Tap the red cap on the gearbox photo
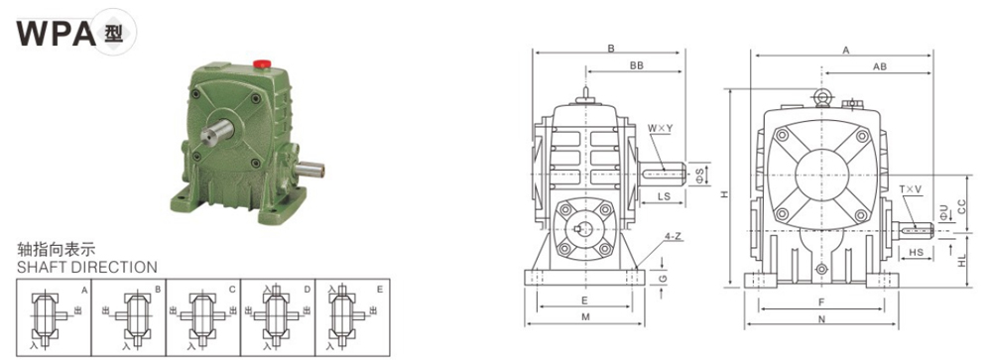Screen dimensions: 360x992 pyautogui.click(x=264, y=64)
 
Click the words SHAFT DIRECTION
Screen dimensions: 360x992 pyautogui.click(x=87, y=267)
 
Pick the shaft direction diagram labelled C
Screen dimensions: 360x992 pyautogui.click(x=203, y=315)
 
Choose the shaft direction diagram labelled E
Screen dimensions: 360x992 pyautogui.click(x=352, y=315)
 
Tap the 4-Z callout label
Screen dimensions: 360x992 pyautogui.click(x=672, y=237)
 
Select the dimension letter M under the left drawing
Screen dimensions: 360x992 pyautogui.click(x=585, y=317)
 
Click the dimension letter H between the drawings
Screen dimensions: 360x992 pyautogui.click(x=725, y=194)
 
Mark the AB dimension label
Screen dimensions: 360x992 pyautogui.click(x=879, y=66)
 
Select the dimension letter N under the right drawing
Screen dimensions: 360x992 pyautogui.click(x=821, y=319)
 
